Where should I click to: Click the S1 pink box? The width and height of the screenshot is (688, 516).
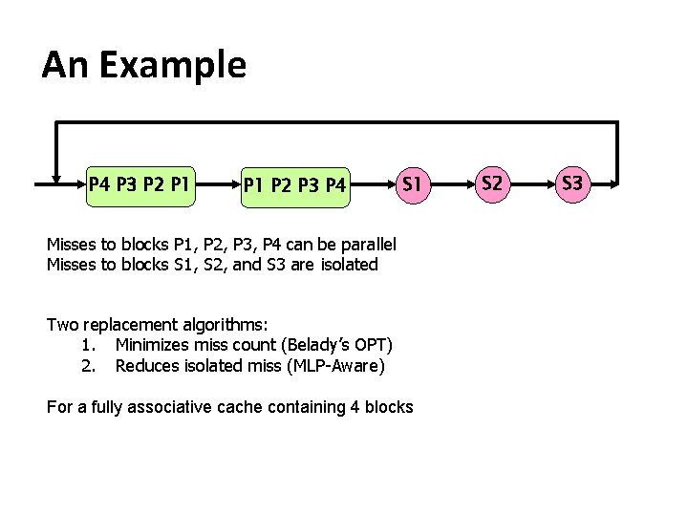[x=412, y=182]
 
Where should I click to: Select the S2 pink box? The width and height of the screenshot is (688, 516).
[x=491, y=182]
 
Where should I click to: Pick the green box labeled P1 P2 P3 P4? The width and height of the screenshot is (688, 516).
[x=294, y=183]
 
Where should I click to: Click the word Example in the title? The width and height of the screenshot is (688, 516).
[x=172, y=65]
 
